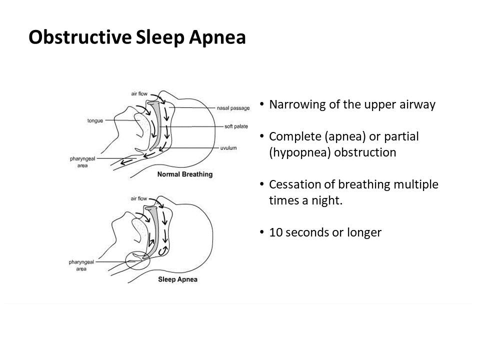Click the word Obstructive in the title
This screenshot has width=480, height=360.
[80, 37]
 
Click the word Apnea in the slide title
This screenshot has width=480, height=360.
[217, 38]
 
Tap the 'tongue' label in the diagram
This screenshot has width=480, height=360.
[95, 120]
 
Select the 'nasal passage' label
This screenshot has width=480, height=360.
[233, 108]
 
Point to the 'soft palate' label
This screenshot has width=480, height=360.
[236, 126]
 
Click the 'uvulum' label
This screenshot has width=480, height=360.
[228, 148]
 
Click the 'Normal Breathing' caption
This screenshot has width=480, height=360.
[185, 174]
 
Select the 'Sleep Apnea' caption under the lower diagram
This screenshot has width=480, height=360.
[178, 279]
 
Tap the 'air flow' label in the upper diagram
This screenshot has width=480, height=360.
[139, 93]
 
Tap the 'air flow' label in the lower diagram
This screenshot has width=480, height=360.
[138, 198]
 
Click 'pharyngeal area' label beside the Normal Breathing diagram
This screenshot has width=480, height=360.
[82, 162]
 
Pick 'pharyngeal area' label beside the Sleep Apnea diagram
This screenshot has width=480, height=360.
[81, 265]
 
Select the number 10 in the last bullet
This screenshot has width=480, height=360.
[276, 232]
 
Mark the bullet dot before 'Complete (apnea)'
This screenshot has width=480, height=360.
[261, 136]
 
